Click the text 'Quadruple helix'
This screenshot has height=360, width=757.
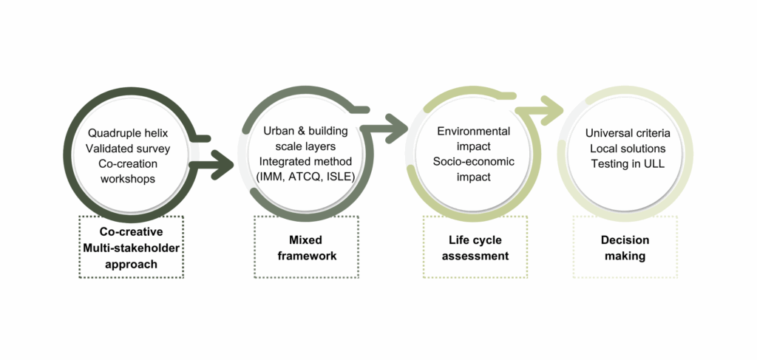[x=128, y=133]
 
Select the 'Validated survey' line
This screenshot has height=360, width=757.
[x=128, y=149]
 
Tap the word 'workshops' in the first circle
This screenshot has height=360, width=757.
[x=128, y=179]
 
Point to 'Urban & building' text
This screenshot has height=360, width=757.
[x=305, y=130]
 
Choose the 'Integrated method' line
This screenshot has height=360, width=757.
[x=305, y=160]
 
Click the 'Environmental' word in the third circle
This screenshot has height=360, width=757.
[x=473, y=132]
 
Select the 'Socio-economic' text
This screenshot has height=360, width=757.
[x=473, y=161]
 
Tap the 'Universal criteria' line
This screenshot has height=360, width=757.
[x=628, y=134]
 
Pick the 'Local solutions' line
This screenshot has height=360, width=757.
[x=628, y=149]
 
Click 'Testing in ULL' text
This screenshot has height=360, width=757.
[x=628, y=163]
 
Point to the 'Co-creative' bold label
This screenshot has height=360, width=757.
[x=130, y=231]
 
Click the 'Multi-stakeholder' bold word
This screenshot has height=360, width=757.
[x=130, y=246]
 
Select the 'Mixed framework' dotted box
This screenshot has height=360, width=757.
[x=306, y=247]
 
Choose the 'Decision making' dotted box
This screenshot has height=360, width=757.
[x=625, y=247]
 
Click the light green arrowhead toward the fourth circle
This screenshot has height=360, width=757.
[x=551, y=111]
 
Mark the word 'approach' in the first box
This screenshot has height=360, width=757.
[x=130, y=262]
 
